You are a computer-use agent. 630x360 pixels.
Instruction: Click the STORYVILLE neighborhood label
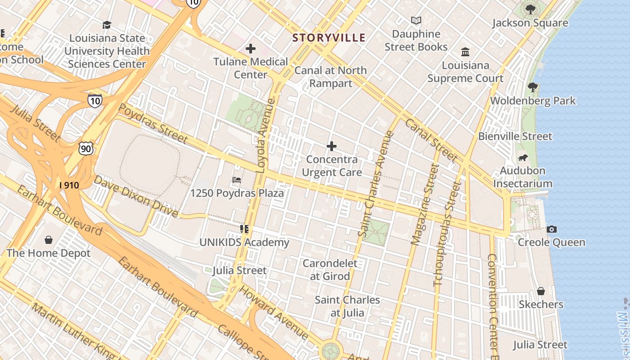[328, 38]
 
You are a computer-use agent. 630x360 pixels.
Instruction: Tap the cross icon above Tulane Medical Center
[251, 49]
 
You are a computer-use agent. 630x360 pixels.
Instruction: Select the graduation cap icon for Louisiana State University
[107, 25]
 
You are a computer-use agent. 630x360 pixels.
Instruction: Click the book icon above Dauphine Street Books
[416, 21]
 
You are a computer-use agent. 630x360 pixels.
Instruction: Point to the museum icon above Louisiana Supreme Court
[465, 52]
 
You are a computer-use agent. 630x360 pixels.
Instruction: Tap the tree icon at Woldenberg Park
[533, 87]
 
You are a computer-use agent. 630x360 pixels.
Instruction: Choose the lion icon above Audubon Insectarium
[522, 157]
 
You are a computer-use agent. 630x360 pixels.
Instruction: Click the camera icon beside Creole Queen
[551, 229]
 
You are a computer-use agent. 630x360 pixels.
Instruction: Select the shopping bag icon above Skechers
[540, 291]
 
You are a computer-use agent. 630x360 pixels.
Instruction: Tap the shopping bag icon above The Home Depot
[49, 240]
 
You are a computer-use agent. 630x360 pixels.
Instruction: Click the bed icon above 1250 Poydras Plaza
[237, 180]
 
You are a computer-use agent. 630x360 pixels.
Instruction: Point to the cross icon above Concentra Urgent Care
[332, 146]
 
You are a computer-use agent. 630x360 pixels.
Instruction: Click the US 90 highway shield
[85, 148]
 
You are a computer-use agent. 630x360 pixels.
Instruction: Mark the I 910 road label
[69, 185]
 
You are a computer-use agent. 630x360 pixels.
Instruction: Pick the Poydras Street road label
[153, 122]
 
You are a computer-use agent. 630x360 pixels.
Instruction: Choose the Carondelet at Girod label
[330, 270]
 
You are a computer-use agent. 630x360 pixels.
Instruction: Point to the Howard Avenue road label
[273, 312]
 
